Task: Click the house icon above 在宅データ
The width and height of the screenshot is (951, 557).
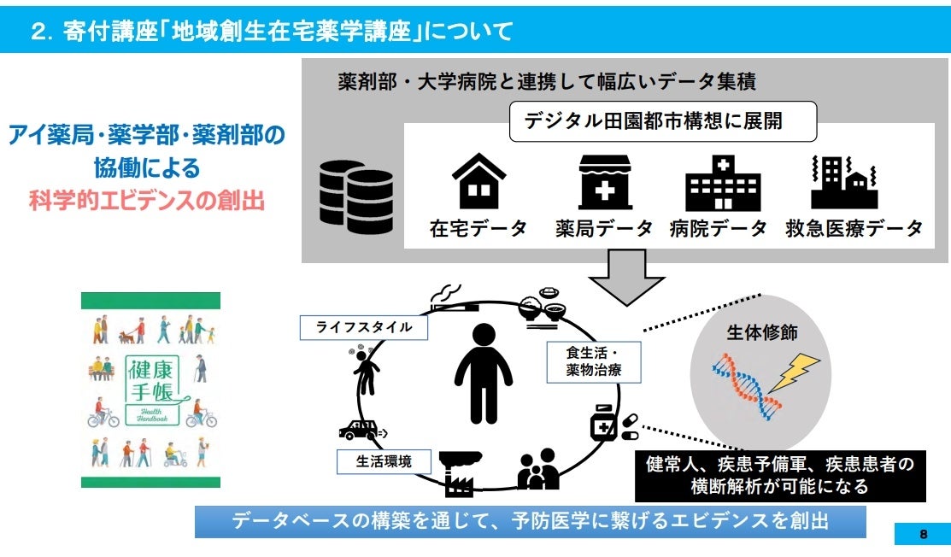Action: tap(478, 181)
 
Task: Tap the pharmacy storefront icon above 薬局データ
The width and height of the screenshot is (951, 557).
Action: tap(604, 181)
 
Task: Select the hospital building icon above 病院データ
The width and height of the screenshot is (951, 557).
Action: tap(723, 181)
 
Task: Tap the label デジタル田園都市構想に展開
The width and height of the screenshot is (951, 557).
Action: tap(662, 121)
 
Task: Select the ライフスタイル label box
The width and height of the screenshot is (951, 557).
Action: tap(363, 327)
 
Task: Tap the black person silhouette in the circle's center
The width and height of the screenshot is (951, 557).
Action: tap(484, 372)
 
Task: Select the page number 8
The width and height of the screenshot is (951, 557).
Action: tap(923, 534)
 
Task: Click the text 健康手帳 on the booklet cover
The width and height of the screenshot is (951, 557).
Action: tap(150, 382)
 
